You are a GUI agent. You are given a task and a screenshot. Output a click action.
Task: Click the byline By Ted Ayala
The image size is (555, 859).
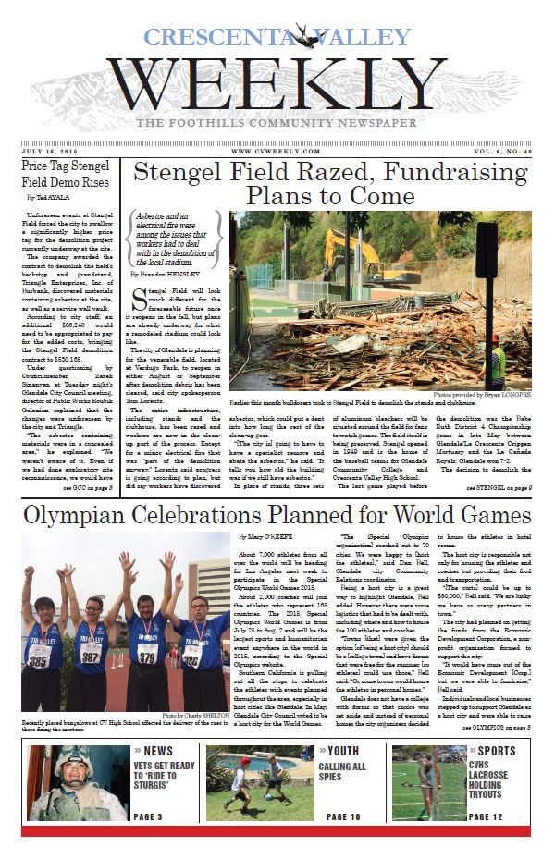48,198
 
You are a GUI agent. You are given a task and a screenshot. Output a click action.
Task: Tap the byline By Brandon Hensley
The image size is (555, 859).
168,275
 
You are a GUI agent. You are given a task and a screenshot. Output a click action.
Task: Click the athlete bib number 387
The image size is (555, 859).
91,656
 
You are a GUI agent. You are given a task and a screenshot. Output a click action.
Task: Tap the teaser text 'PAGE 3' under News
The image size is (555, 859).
148,817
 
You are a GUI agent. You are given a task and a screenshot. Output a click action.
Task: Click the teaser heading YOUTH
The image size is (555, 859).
344,751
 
